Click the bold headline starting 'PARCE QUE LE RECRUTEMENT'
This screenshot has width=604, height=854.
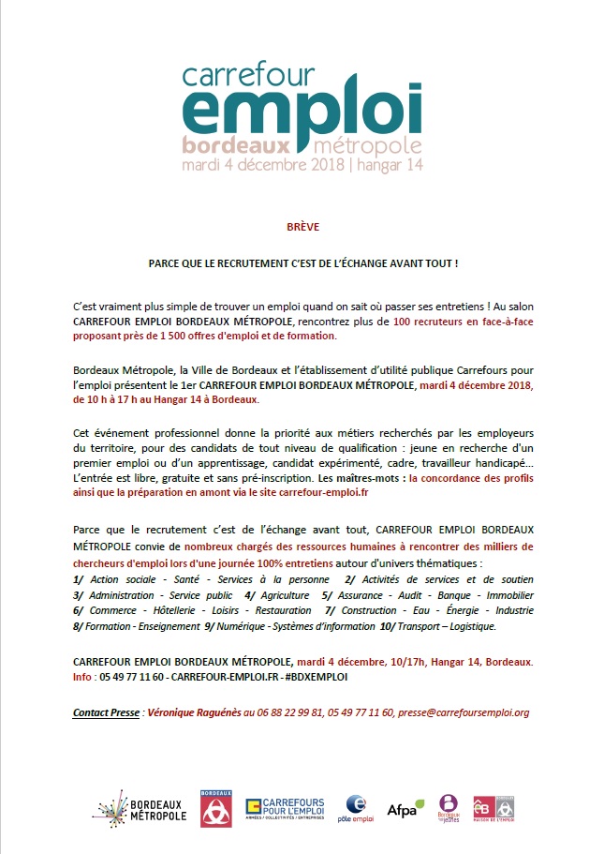(x=302, y=264)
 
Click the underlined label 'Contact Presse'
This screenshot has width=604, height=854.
(x=104, y=712)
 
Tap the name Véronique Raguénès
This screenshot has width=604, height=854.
(x=192, y=712)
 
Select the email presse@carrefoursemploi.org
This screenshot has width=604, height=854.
(x=464, y=712)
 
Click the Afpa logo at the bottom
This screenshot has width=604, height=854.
(x=405, y=807)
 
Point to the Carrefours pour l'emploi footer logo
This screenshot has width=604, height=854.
(x=285, y=808)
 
